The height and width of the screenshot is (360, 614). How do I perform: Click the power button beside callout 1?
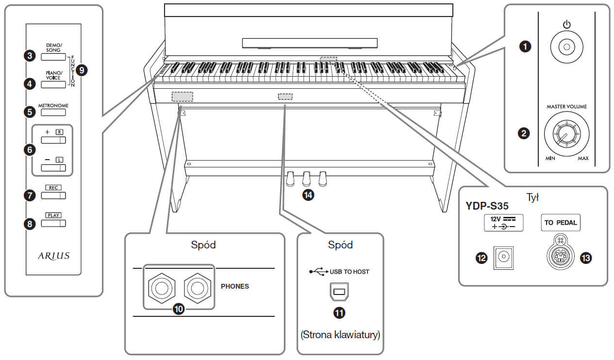(566, 47)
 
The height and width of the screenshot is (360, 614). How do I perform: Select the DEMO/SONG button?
(53, 57)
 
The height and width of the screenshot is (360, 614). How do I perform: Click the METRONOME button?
(53, 113)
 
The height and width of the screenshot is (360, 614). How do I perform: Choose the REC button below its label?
(53, 196)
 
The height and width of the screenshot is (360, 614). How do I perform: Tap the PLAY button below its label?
(53, 223)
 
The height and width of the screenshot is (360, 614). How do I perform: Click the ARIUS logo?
(54, 256)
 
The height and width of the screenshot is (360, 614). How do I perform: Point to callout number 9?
(82, 70)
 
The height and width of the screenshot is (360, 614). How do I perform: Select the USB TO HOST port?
(339, 292)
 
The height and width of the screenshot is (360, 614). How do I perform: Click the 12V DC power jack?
(503, 258)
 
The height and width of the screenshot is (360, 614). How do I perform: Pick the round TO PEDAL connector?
(561, 256)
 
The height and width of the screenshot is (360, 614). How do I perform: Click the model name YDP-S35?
(487, 206)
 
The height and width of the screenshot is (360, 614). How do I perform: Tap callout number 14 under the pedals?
(308, 195)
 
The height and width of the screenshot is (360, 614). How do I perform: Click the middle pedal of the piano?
(306, 179)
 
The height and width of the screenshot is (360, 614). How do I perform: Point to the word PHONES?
(235, 286)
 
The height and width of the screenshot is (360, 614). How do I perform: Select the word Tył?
(532, 197)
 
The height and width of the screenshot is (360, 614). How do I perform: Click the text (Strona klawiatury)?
(340, 335)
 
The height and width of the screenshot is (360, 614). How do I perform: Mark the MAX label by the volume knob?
(583, 158)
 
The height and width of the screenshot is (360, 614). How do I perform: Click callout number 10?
(179, 309)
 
